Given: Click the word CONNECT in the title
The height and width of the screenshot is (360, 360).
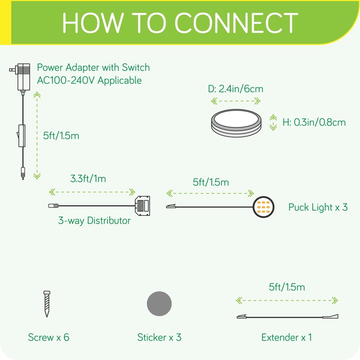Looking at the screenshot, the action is [236, 22].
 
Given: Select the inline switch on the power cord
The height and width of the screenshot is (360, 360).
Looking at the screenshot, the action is [22, 136].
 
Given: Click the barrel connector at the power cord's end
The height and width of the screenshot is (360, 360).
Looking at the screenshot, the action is [23, 173].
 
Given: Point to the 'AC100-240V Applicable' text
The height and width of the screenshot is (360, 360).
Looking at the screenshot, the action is [89, 81].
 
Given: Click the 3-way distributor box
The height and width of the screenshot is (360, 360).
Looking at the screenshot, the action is [142, 206].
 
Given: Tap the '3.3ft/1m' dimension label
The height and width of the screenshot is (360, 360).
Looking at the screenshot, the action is [88, 179].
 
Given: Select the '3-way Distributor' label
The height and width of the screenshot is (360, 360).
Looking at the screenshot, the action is [94, 220].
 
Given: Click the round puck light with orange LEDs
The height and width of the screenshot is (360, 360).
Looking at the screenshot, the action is [263, 207].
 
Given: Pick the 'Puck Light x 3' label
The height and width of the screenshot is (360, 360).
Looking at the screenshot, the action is [318, 207].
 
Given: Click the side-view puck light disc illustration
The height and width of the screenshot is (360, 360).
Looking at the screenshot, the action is [236, 123].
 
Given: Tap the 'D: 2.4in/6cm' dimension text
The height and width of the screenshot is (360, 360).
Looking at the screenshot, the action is [235, 89].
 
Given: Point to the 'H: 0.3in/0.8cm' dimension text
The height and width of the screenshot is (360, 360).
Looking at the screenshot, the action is [314, 122].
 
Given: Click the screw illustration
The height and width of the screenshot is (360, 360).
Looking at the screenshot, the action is [47, 304].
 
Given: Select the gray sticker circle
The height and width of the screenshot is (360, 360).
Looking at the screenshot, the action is [159, 303].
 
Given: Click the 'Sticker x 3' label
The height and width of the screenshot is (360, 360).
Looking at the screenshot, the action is [159, 337].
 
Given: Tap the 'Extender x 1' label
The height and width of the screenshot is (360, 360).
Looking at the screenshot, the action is [287, 337].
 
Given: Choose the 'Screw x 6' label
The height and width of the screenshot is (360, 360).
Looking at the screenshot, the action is [49, 337].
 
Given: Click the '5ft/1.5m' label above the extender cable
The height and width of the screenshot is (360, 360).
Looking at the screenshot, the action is [287, 287].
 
